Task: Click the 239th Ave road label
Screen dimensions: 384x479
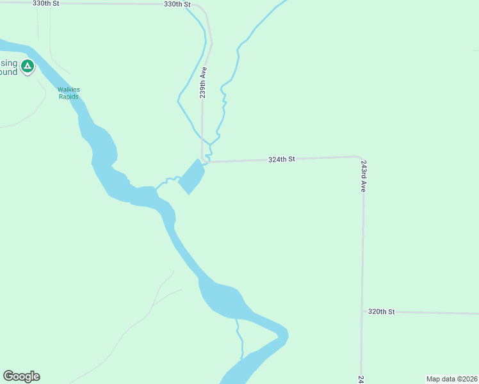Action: (202, 84)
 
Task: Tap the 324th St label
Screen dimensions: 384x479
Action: (281, 159)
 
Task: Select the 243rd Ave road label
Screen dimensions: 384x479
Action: (363, 177)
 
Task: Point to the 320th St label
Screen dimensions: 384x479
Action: (381, 312)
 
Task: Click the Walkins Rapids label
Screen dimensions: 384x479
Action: (68, 93)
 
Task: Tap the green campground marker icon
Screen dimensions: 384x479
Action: (27, 66)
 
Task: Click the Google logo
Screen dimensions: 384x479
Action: (21, 376)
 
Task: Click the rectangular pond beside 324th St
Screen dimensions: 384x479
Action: (191, 176)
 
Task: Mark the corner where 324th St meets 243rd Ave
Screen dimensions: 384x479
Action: (362, 158)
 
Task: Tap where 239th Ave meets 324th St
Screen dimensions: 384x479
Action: (203, 161)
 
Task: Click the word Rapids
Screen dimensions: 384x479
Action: (68, 97)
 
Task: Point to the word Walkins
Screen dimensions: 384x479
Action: (68, 90)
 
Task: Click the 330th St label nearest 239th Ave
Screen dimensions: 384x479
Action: (177, 4)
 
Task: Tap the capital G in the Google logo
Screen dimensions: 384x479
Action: (8, 376)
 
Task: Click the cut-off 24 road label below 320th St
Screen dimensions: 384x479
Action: (361, 379)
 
